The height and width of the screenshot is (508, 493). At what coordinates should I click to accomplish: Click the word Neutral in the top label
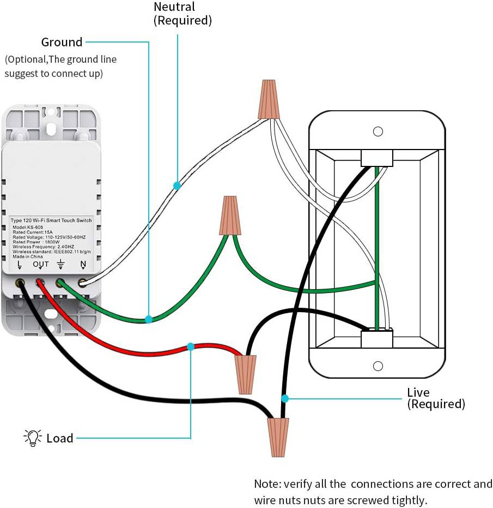click(x=174, y=7)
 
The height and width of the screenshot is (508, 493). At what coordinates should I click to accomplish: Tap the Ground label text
click(x=62, y=42)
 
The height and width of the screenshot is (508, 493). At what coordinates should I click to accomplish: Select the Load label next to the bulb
click(x=60, y=438)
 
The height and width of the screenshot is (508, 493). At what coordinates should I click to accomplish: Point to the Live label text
click(x=418, y=392)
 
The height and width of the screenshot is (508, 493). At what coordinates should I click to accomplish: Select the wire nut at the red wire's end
click(x=246, y=374)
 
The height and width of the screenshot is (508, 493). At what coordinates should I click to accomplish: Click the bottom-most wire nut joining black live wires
click(x=278, y=437)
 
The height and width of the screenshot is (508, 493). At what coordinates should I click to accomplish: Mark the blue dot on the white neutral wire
click(x=177, y=186)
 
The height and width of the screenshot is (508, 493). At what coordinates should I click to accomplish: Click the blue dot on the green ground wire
click(x=148, y=319)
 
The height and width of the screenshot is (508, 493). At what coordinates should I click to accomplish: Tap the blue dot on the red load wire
click(x=191, y=346)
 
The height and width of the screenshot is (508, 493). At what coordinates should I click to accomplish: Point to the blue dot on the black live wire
click(x=284, y=398)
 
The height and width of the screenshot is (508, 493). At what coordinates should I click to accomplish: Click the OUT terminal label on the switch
click(x=41, y=265)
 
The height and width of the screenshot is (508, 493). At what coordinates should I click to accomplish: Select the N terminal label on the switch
click(x=83, y=265)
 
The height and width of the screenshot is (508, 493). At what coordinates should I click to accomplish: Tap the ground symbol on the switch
click(x=61, y=265)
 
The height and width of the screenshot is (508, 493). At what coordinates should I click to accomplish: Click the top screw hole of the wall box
click(x=378, y=132)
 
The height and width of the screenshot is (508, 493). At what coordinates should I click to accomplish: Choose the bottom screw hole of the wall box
click(x=378, y=364)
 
